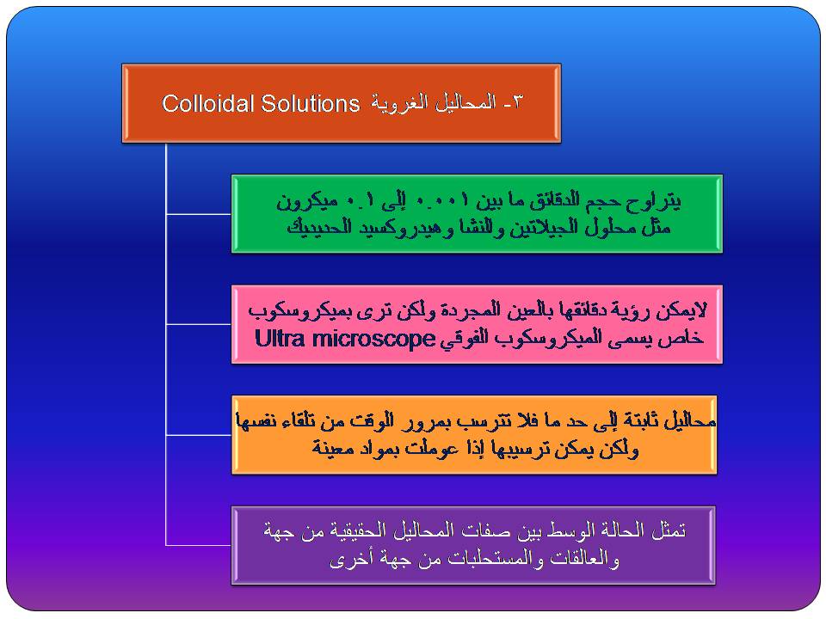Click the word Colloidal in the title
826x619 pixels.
tap(208, 103)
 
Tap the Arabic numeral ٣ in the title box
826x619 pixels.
tap(517, 102)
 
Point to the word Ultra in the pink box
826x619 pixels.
tap(280, 338)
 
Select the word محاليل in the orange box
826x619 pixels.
tap(689, 421)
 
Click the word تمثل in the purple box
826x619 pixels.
tap(669, 530)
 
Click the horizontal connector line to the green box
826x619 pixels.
tap(199, 214)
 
